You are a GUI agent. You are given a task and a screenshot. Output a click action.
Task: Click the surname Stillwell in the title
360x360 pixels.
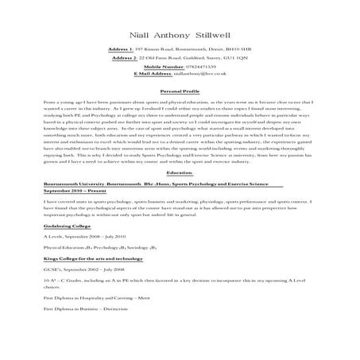pyautogui.click(x=212, y=36)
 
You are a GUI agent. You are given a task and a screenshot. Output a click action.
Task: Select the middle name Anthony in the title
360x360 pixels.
pyautogui.click(x=172, y=36)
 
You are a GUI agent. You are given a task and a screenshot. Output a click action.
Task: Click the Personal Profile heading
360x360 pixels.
pyautogui.click(x=179, y=91)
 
